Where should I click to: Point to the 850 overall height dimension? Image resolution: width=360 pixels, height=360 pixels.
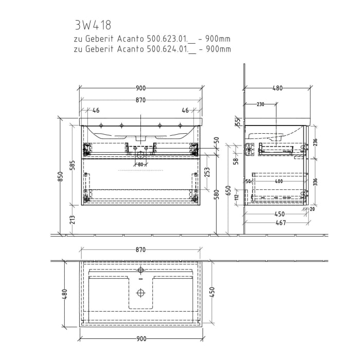tap(60, 176)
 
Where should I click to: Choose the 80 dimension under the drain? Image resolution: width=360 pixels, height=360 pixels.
tap(140, 165)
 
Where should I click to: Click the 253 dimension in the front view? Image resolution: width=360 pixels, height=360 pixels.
tap(207, 172)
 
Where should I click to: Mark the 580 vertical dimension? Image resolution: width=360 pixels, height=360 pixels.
tap(217, 196)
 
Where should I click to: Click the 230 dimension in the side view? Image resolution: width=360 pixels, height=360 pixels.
tap(260, 104)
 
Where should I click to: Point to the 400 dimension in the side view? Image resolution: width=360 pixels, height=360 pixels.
tap(278, 182)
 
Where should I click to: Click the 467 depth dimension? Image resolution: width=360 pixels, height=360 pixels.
tap(279, 223)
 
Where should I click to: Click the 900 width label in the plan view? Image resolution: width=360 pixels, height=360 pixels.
tap(141, 338)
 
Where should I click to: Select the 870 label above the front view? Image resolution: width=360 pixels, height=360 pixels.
tap(140, 99)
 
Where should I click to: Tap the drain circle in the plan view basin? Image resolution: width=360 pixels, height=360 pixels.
tap(140, 293)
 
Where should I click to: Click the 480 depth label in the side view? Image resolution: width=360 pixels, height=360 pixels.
tap(277, 88)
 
